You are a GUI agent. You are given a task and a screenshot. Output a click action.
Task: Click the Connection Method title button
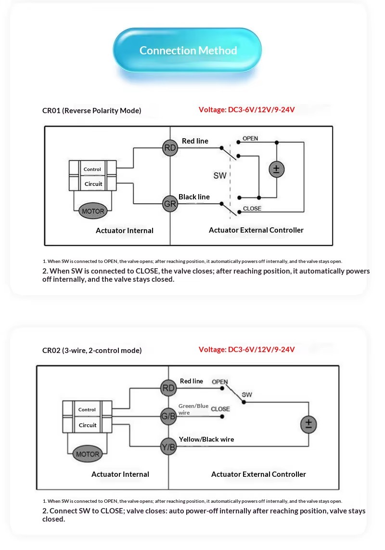[x=187, y=50]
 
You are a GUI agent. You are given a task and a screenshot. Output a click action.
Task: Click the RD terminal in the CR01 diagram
[x=170, y=148]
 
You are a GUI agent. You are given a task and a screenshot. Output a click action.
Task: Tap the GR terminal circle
[x=170, y=203]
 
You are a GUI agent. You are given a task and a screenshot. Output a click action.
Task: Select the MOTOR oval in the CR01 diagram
[x=93, y=211]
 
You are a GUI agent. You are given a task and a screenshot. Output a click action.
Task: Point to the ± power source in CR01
[x=276, y=170]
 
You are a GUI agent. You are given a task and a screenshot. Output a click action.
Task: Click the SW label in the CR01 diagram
[x=220, y=175]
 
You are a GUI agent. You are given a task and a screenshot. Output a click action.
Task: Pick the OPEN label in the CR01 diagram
[x=250, y=138]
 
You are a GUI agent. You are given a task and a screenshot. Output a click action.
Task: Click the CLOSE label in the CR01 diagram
[x=252, y=209]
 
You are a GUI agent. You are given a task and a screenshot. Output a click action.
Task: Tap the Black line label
[x=194, y=197]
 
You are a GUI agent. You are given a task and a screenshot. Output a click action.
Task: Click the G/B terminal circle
[x=168, y=417]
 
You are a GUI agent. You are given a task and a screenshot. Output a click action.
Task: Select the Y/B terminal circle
[x=168, y=447]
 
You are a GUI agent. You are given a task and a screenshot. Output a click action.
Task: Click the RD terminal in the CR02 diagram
[x=168, y=388]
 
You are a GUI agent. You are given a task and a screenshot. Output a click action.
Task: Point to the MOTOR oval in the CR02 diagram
[x=88, y=454]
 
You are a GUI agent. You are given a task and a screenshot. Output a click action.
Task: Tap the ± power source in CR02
[x=308, y=424]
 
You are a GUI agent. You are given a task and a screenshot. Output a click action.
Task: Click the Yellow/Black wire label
[x=206, y=439]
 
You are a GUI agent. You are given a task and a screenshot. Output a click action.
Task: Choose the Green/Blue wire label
[x=193, y=409]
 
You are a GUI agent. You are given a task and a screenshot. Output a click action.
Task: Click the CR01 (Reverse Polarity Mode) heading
[x=92, y=110]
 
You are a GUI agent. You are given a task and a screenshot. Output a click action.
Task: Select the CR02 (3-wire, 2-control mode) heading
[x=92, y=351]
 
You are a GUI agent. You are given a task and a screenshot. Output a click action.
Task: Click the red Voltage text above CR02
[x=246, y=349]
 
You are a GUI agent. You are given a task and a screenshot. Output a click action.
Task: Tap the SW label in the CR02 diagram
[x=247, y=394]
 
